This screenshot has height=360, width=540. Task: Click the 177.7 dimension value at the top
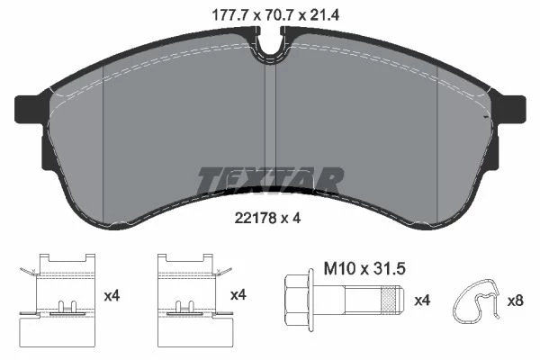(230, 15)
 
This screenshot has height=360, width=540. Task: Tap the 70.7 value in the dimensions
(279, 15)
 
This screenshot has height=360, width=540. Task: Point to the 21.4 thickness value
(325, 15)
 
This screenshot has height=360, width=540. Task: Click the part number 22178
(256, 218)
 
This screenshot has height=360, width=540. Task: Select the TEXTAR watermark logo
(270, 180)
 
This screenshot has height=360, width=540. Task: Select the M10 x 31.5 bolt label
(364, 269)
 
